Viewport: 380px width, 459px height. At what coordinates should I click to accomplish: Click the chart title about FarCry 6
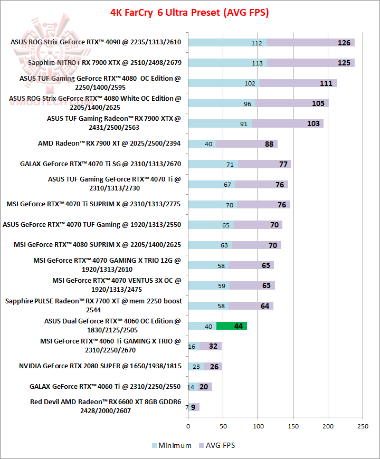coord(189,12)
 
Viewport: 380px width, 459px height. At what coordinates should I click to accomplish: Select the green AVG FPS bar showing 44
coord(232,326)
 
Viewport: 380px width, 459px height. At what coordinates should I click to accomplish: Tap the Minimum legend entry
coord(172,445)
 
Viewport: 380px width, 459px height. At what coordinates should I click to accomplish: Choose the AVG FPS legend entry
coord(216,445)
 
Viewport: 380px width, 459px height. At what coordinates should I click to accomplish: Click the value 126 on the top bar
coord(344,43)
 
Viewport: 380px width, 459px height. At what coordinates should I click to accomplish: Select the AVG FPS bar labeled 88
coord(246,144)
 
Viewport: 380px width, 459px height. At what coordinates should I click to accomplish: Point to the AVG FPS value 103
coord(313,123)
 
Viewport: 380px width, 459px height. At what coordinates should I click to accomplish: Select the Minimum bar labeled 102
coord(223,83)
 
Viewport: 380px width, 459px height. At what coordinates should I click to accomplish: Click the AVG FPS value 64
coord(264,306)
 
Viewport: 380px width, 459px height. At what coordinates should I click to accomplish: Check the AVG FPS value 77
coord(283,164)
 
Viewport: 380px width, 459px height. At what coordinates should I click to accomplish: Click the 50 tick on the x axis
coord(223,426)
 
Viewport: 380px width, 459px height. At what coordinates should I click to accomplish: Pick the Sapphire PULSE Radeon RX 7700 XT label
coord(93,305)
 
